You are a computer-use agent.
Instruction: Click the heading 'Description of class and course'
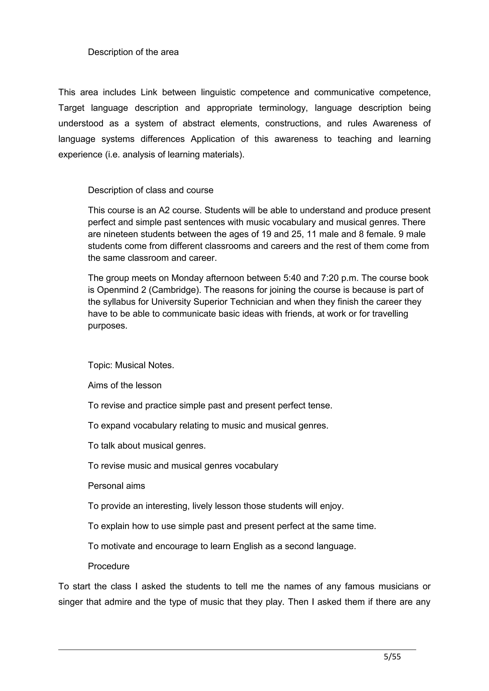pyautogui.click(x=150, y=190)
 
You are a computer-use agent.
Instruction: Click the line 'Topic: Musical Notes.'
pyautogui.click(x=131, y=365)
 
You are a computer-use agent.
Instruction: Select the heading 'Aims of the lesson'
pyautogui.click(x=124, y=385)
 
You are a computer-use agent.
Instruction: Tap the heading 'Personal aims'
pyautogui.click(x=116, y=486)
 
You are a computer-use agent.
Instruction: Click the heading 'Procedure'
pyautogui.click(x=108, y=566)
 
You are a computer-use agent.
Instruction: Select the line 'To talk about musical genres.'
pyautogui.click(x=147, y=446)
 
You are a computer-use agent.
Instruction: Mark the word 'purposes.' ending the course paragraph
pyautogui.click(x=107, y=326)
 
